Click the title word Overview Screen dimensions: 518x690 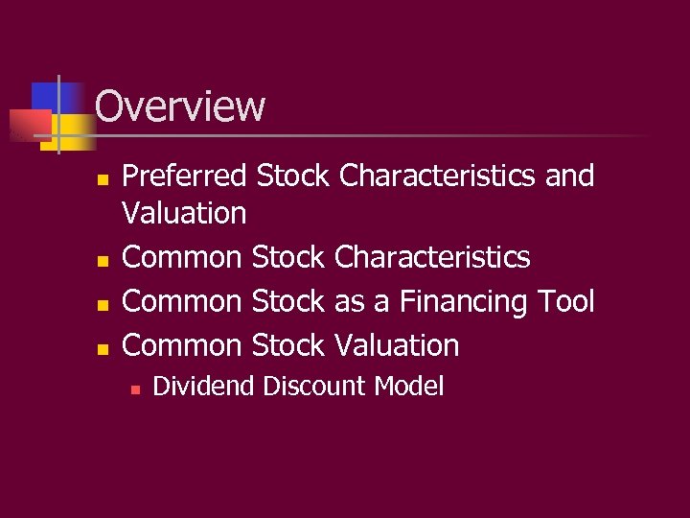pos(180,106)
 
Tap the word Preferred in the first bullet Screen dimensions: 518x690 pos(186,177)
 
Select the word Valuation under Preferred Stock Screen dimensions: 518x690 pos(184,212)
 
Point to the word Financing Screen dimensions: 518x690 pos(462,302)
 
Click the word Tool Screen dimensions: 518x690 pos(565,302)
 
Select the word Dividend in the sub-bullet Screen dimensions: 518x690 pos(203,387)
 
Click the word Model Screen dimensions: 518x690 pos(409,387)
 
